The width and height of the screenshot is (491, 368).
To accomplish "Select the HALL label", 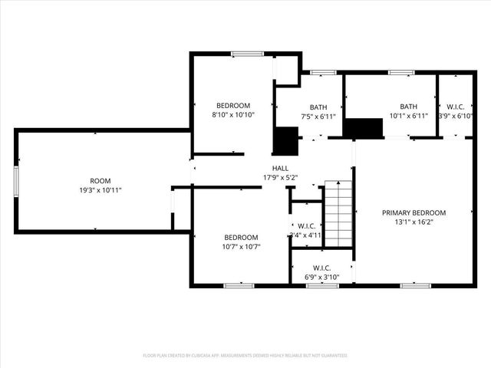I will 280,168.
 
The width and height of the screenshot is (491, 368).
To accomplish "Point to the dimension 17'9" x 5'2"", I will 280,177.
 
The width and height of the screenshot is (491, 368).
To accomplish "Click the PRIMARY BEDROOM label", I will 414,212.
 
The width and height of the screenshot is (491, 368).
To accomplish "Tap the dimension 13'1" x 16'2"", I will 414,222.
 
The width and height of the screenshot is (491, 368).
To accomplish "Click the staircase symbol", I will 338,214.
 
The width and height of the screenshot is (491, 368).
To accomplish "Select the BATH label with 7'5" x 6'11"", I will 318,107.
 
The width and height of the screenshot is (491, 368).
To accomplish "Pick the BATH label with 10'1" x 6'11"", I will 408,107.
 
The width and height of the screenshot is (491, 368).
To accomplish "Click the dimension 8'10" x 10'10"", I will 233,114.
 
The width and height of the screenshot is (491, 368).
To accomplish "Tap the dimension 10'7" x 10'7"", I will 241,246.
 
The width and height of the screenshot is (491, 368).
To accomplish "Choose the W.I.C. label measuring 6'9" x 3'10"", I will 321,268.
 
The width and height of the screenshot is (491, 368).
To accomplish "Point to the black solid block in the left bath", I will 286,140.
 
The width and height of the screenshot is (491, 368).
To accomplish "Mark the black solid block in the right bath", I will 363,128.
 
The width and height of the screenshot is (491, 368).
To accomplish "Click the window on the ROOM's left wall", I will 16,181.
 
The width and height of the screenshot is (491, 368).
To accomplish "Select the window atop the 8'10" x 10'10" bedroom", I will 243,54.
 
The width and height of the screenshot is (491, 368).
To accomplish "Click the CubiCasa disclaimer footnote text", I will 245,356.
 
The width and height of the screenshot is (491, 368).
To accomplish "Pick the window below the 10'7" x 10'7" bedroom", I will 239,285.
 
